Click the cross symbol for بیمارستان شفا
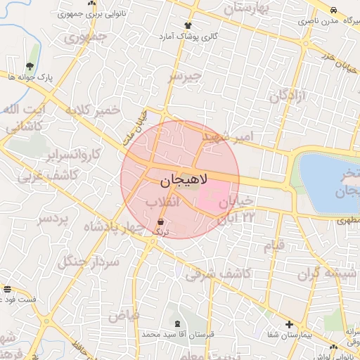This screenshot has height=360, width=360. click(289, 324)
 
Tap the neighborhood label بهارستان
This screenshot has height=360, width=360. click(247, 9)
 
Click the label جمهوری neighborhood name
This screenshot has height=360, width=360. click(85, 36)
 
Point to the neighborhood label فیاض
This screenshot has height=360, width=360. click(123, 316)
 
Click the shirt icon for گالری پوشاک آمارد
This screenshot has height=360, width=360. click(187, 25)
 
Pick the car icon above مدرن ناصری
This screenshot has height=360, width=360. click(333, 10)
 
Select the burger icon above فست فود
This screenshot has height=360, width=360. click(7, 289)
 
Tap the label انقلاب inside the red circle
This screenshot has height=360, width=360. click(162, 202)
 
